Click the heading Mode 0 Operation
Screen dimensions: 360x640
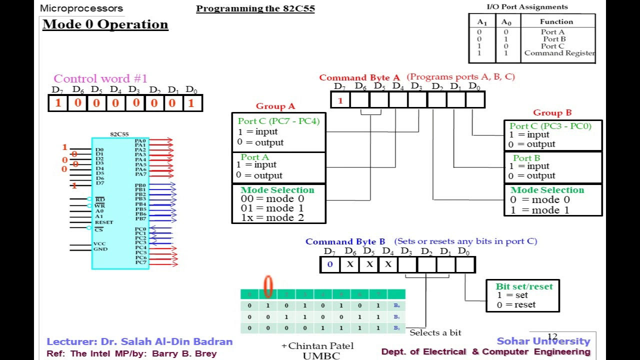(x=105, y=24)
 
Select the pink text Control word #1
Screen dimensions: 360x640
(x=100, y=78)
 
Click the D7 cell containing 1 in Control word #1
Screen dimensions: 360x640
(x=58, y=103)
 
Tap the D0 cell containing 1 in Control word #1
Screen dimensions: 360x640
(x=191, y=103)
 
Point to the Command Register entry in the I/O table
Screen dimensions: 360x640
(x=559, y=53)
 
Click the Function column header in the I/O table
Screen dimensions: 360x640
(x=556, y=21)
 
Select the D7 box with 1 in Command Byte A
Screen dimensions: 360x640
(x=340, y=100)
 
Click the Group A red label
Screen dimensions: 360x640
(x=275, y=106)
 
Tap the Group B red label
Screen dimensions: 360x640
(x=552, y=112)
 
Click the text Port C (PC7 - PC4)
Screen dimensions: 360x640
(x=278, y=121)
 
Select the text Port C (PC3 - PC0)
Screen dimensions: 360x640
(x=550, y=126)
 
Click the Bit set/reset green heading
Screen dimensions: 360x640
(x=524, y=286)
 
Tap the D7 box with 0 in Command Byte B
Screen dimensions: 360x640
(x=329, y=264)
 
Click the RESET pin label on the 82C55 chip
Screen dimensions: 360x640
(x=104, y=222)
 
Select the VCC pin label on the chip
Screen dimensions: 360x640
(x=99, y=243)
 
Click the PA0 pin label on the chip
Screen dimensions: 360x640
(x=140, y=140)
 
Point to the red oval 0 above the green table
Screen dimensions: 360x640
(x=268, y=286)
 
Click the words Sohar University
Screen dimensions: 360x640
(x=543, y=341)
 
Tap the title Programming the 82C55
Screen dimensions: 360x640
(x=255, y=8)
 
